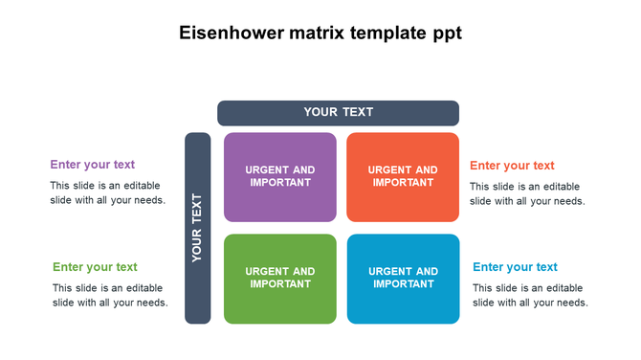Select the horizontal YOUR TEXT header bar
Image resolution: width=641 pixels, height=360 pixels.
tap(338, 113)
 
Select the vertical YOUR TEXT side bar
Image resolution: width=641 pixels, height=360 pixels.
tap(197, 228)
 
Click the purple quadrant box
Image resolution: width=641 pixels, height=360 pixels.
tap(280, 177)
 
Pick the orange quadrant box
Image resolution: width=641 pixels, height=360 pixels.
tap(403, 177)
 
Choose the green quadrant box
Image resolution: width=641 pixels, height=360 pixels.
tap(280, 279)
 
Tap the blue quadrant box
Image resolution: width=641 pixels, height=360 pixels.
tap(403, 279)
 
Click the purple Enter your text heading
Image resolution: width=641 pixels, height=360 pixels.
tap(93, 165)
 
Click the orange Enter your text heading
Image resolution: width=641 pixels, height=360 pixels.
tap(512, 166)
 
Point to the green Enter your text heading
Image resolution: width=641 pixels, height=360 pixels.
tap(95, 267)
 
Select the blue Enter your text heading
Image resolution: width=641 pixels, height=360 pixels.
tap(515, 267)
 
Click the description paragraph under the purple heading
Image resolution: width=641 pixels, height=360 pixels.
tap(107, 193)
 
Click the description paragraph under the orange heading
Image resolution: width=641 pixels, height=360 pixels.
tap(527, 193)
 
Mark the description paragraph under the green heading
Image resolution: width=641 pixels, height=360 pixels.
tap(110, 295)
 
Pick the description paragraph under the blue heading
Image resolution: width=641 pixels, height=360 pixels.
tap(530, 295)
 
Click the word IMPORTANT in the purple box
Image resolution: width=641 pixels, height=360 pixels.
tap(280, 183)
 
